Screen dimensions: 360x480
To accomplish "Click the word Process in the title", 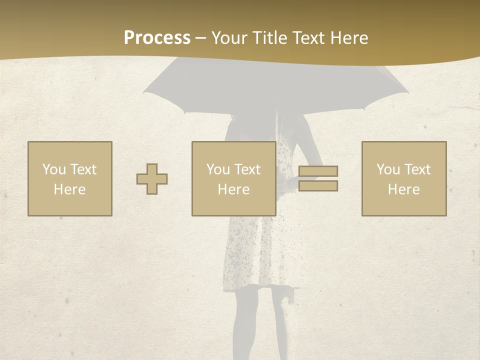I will click(157, 38).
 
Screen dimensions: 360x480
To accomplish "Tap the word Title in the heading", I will click(270, 38).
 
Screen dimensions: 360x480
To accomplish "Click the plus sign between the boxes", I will click(152, 179).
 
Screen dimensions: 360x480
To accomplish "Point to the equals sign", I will click(318, 178).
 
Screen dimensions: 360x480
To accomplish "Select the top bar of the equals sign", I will click(318, 171).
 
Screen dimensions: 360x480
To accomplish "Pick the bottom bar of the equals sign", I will click(318, 186).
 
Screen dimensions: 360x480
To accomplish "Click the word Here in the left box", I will click(70, 189).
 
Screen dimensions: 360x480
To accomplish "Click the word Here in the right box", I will click(404, 189).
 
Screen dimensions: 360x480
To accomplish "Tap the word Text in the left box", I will click(83, 169).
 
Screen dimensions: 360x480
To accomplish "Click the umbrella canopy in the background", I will click(275, 82).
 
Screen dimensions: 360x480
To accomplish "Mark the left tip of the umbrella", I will click(144, 92).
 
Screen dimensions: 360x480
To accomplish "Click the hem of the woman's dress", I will click(260, 287).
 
